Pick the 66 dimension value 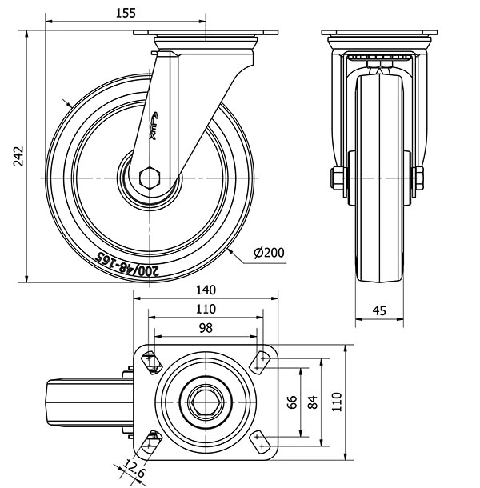click(293, 402)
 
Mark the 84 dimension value click(312, 402)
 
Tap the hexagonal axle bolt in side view click(149, 177)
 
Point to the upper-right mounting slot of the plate click(260, 362)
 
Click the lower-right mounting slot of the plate click(259, 440)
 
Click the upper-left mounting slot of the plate click(150, 362)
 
